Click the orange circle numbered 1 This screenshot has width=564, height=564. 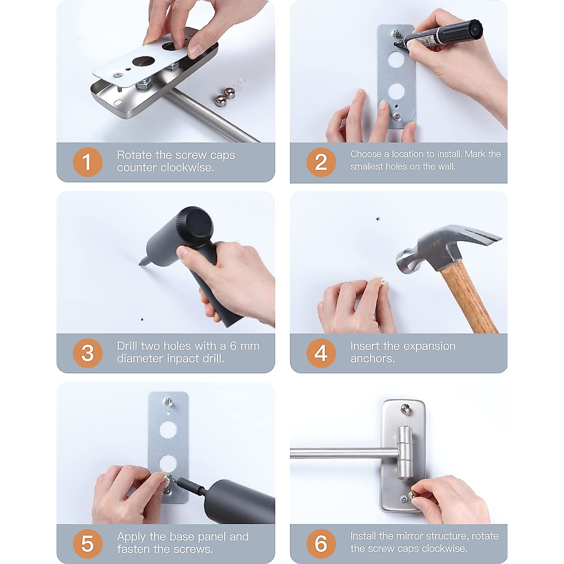(x=87, y=162)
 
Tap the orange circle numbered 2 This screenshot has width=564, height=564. (x=321, y=162)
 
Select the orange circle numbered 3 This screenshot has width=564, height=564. (x=87, y=353)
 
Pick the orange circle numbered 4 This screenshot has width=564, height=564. (x=321, y=353)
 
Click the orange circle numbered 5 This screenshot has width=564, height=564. (x=87, y=544)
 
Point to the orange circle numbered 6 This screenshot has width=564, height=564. (x=321, y=544)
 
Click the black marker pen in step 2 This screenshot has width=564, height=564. (x=439, y=34)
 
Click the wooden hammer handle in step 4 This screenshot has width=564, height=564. (x=468, y=298)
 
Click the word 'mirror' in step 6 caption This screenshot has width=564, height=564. (x=409, y=536)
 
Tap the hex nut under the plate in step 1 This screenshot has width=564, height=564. (x=144, y=86)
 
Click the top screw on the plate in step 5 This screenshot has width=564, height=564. (x=168, y=401)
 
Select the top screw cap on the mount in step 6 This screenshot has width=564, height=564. (x=406, y=407)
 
